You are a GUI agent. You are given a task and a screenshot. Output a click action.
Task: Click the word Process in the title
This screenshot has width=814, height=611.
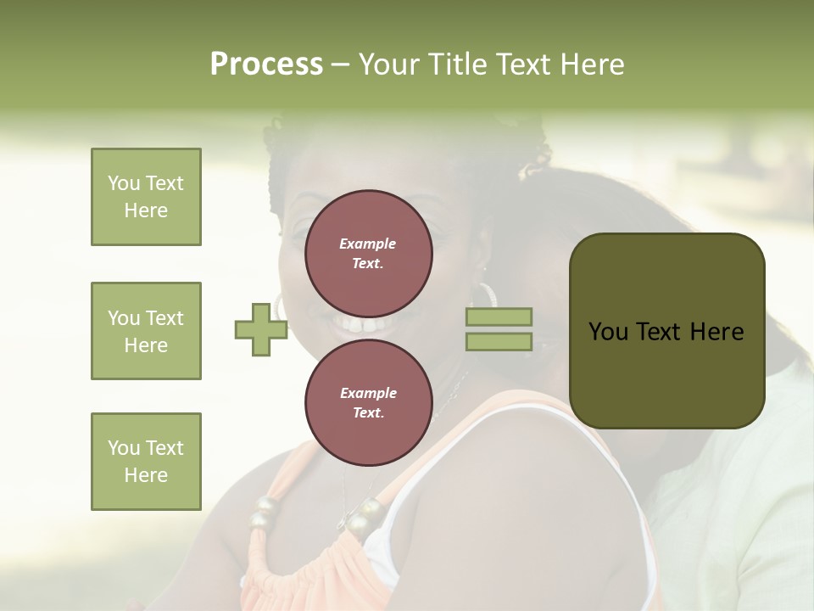point(266,64)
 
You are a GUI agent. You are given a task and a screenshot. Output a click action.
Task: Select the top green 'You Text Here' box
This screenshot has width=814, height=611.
point(146,197)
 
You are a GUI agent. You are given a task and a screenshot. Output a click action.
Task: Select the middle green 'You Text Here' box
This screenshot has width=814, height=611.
point(146,331)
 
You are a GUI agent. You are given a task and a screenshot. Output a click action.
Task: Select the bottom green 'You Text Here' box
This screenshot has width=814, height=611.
point(146,462)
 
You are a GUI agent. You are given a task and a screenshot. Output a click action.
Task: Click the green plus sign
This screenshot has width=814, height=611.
point(260,330)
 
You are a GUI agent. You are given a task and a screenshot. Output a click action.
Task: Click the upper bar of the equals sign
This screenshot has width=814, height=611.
point(499,317)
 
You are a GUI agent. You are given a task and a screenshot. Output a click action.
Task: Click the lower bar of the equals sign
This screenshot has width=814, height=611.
point(499,342)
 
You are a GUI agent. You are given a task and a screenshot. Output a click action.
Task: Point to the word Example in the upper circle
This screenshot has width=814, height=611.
point(368,244)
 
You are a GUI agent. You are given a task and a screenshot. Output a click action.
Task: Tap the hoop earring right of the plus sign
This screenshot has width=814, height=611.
point(280,305)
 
